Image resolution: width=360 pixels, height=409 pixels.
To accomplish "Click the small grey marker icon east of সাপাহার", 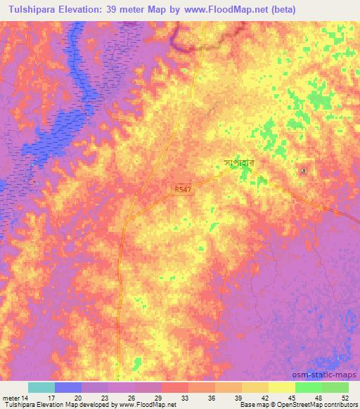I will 304,171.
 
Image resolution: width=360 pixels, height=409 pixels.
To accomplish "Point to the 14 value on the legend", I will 26,397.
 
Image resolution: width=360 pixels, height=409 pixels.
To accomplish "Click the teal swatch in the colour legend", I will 41,387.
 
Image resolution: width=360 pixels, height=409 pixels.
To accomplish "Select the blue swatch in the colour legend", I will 67,387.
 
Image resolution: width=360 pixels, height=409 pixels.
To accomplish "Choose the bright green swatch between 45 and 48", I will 308,387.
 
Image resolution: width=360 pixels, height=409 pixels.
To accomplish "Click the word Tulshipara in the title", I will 32,10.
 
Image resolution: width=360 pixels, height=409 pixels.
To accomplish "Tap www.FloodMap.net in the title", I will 228,10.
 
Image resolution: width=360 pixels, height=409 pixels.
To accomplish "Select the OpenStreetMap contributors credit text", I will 321,405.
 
